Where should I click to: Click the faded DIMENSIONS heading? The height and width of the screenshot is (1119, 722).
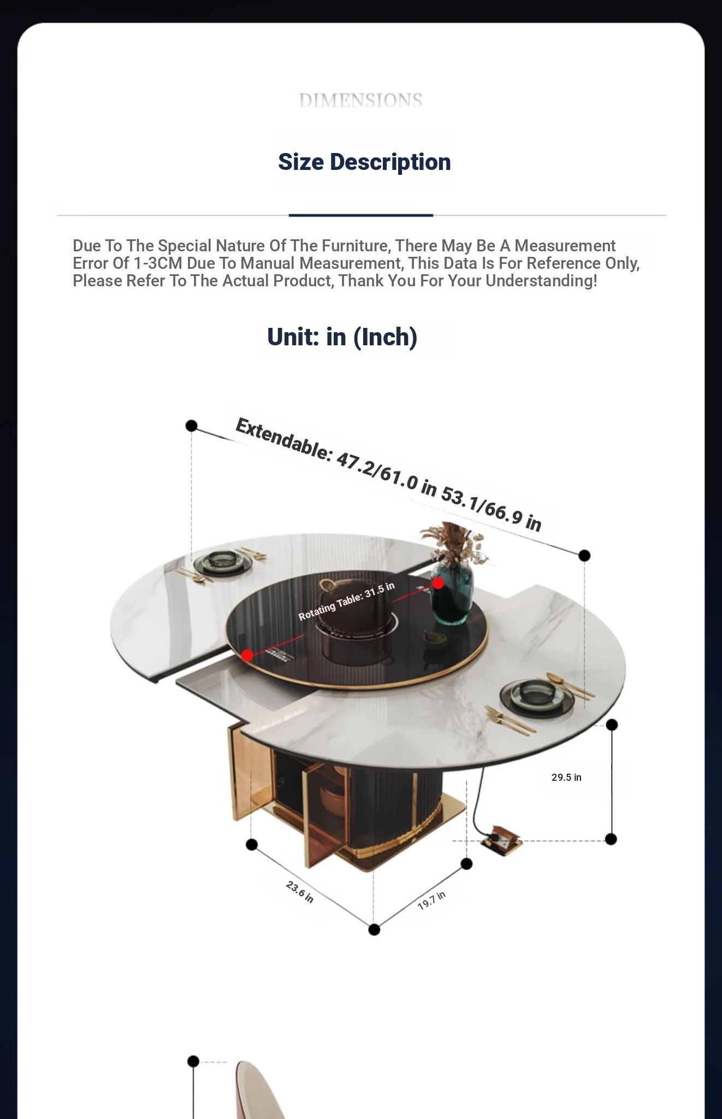[x=360, y=101]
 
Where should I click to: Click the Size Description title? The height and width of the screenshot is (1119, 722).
[x=364, y=162]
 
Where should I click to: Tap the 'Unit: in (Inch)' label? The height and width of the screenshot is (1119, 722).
[x=342, y=337]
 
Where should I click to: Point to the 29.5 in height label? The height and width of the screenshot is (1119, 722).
[x=566, y=777]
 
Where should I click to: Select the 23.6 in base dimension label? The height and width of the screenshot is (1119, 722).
[x=300, y=891]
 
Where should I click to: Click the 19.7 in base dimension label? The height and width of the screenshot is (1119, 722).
[x=431, y=900]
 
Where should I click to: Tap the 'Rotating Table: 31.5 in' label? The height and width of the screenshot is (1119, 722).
[x=346, y=601]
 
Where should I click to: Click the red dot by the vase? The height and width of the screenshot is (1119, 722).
[x=438, y=584]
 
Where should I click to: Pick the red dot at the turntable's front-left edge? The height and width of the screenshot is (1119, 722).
[x=247, y=655]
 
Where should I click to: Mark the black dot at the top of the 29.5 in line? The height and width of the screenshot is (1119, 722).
[x=612, y=725]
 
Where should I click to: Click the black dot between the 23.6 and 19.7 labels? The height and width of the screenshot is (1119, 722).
[x=374, y=929]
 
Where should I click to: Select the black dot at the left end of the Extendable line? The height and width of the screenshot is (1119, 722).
[x=191, y=426]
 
